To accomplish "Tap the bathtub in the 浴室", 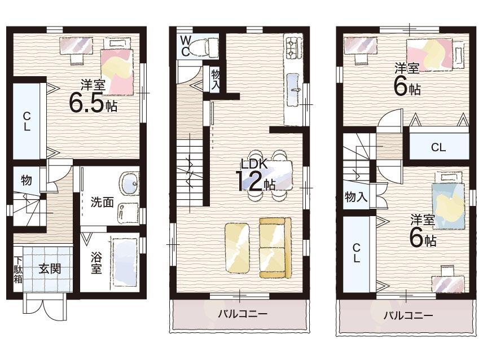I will click(x=124, y=262).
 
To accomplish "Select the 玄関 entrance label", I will click(x=50, y=269).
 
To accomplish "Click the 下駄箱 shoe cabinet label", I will click(x=18, y=270).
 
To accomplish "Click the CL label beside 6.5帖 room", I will click(x=26, y=120).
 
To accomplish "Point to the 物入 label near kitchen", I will click(x=215, y=78).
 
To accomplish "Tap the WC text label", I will click(x=185, y=46).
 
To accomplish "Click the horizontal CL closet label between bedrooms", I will click(x=438, y=148).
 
